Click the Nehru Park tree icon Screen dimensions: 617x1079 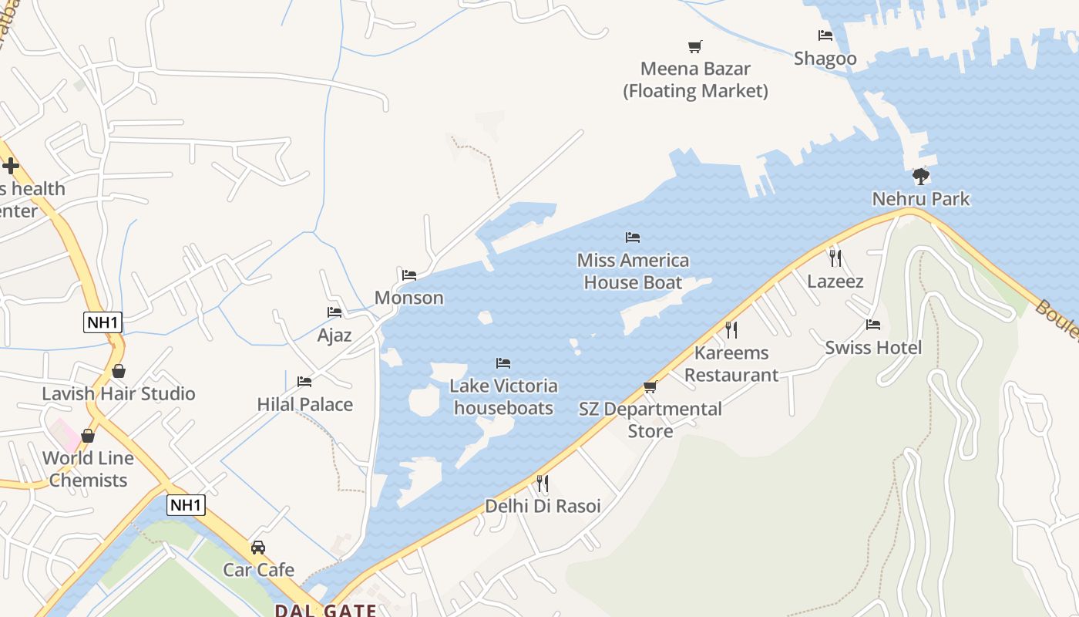coord(920,177)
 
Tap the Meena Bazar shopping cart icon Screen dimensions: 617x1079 coord(695,47)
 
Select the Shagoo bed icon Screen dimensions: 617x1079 coord(825,35)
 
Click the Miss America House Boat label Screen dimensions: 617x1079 coord(633,271)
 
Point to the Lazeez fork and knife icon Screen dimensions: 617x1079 coord(835,258)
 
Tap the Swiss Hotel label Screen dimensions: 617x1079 coord(873,348)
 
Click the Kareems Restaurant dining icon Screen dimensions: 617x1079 coord(731,330)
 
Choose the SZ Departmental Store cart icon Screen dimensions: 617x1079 coord(650,387)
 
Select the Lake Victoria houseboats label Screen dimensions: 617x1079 coord(503,396)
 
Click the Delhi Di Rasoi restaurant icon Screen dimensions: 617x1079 coord(543,484)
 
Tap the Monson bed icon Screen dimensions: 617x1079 coord(409,275)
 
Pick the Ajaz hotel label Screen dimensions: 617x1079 coord(334,335)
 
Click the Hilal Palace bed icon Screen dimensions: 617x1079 coord(304,382)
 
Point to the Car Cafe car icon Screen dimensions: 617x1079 coord(258,548)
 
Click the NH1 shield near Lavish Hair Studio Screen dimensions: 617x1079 coord(103,322)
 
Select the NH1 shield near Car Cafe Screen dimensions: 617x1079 coord(186,506)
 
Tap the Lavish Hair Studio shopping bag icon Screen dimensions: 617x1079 coord(119,371)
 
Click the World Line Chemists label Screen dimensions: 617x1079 coord(88,469)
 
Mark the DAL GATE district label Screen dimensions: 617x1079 coord(326,610)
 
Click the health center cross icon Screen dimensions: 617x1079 coord(11,165)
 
